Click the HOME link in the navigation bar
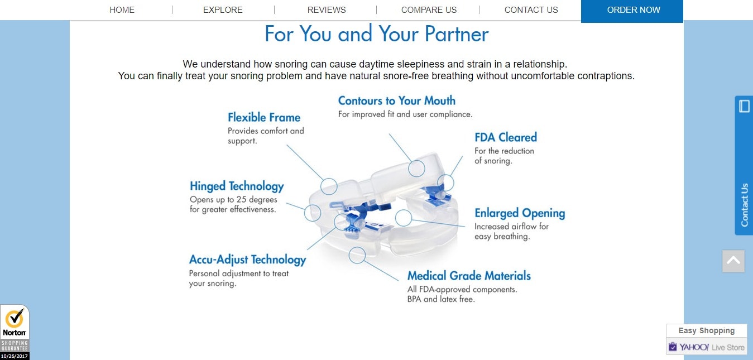pos(122,9)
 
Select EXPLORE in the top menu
pos(223,9)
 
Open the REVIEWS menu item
pos(327,9)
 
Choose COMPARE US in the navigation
pos(429,9)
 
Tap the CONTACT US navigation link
pos(531,9)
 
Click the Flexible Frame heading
pos(264,117)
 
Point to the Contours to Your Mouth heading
pos(397,100)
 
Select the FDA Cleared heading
pos(506,137)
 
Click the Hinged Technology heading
pos(237,186)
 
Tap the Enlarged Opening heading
pos(520,213)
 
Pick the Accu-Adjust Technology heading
pos(247,260)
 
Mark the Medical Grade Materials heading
pos(469,276)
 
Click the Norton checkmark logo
pos(15,319)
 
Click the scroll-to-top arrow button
pos(733,261)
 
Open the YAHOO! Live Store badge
pos(707,347)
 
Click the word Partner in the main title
pos(456,34)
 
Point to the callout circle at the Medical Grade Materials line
pos(357,255)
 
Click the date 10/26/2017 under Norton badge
pos(15,356)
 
